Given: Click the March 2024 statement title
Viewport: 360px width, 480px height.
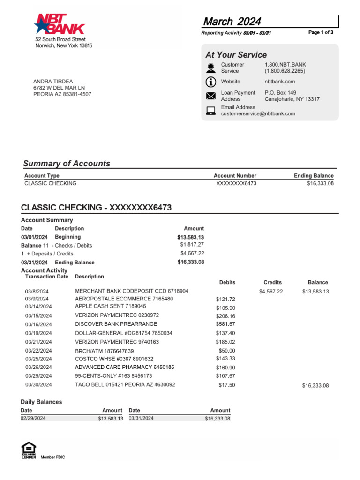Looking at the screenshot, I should [x=232, y=22].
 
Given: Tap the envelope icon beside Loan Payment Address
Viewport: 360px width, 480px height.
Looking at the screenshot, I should [x=211, y=96].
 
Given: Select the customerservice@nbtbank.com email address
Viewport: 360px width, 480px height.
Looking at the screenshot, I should [x=258, y=113].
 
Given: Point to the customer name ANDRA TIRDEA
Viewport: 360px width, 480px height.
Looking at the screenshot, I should [x=53, y=82].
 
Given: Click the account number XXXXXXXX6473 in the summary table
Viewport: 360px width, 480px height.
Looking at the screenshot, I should [x=236, y=183].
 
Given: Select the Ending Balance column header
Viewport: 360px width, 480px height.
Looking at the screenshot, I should [x=314, y=176].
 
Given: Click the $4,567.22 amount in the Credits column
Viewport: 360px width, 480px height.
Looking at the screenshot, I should [x=271, y=291].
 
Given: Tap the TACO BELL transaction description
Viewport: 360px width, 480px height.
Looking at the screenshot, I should [x=125, y=384].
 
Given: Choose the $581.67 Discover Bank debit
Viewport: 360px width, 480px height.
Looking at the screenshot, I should [x=225, y=324].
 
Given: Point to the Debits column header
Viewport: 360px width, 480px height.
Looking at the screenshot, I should [x=227, y=283].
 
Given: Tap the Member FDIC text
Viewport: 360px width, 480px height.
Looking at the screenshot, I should [x=53, y=457].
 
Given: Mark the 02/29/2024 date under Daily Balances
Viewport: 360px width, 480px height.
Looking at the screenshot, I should [x=33, y=418].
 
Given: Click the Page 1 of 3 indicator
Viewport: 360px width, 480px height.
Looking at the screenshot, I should [x=321, y=32].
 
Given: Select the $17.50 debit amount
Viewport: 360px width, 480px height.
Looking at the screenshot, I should [x=227, y=385].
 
